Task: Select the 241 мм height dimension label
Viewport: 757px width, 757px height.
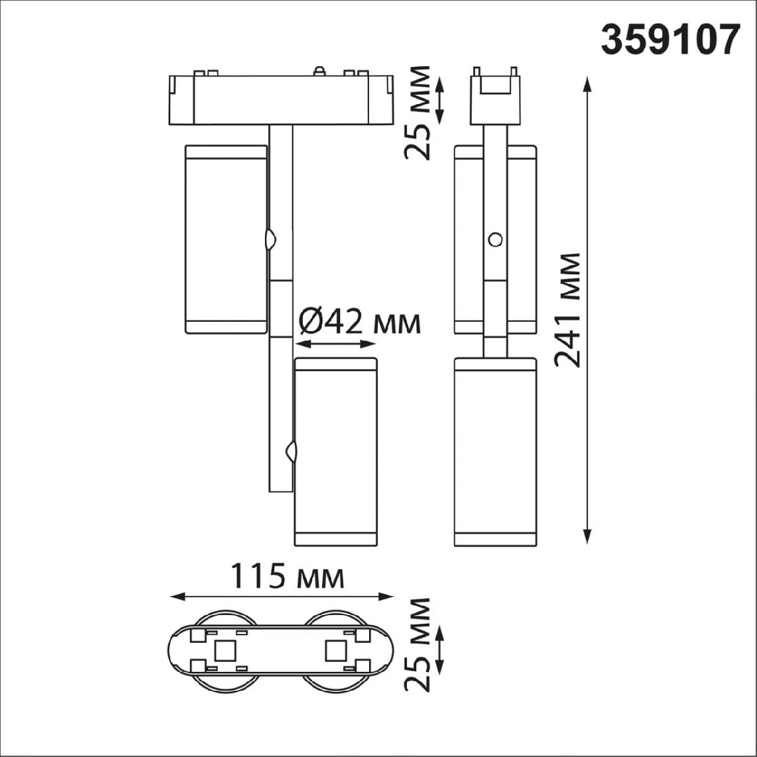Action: click(x=566, y=309)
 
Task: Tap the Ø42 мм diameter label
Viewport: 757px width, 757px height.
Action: click(x=358, y=323)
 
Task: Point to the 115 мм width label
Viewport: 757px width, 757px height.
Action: click(x=287, y=576)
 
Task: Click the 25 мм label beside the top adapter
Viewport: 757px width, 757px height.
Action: click(x=418, y=112)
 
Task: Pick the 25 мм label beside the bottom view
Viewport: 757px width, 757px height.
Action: click(x=418, y=644)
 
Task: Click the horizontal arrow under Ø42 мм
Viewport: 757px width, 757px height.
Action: click(x=336, y=344)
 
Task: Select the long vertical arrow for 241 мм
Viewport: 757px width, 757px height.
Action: click(x=587, y=309)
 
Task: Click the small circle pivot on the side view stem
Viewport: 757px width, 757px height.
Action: click(x=496, y=239)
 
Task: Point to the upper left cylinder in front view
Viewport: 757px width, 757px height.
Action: click(x=225, y=238)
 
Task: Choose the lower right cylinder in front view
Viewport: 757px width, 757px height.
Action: click(x=336, y=451)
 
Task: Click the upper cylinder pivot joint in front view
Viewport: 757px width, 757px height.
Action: click(x=271, y=240)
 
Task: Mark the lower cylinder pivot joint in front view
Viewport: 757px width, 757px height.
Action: click(x=291, y=451)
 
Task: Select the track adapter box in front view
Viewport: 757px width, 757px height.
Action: click(x=281, y=100)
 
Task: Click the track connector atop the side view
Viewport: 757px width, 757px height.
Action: click(x=496, y=95)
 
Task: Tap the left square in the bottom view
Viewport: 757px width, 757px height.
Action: click(x=225, y=650)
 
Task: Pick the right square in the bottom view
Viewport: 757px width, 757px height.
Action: click(x=334, y=650)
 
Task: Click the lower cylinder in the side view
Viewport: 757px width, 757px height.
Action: click(x=496, y=451)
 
